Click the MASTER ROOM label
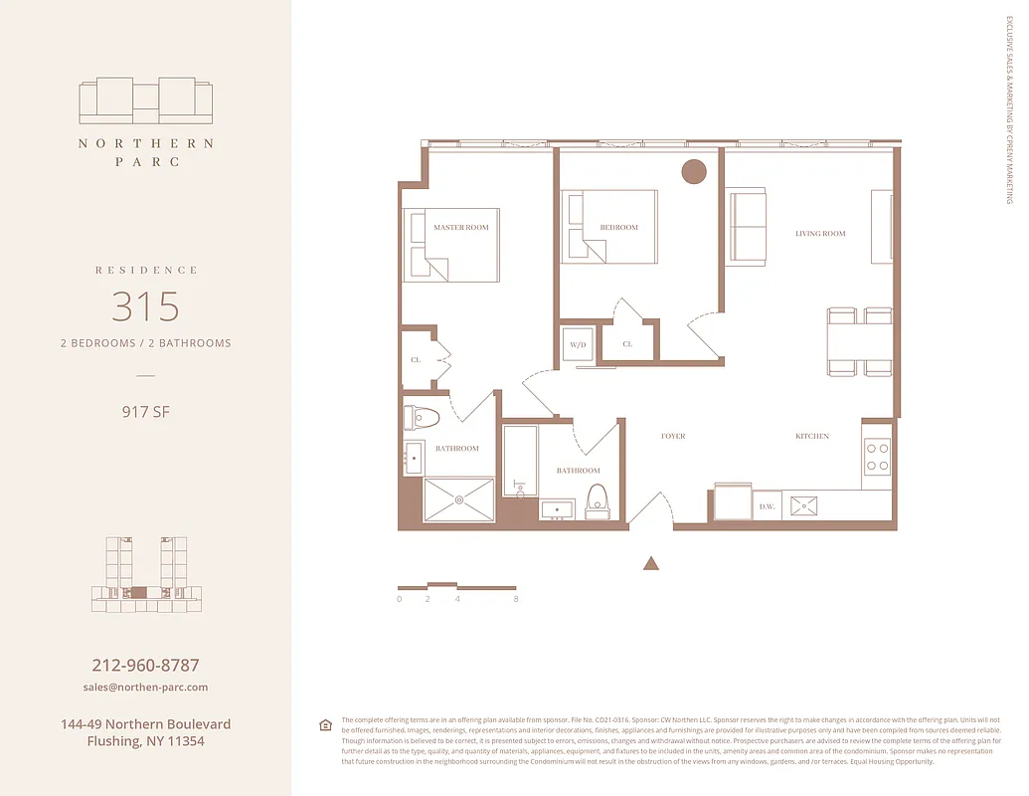460,228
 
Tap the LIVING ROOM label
820,234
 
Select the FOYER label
673,437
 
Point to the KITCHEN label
811,437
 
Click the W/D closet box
577,343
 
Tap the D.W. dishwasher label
767,506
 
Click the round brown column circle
693,171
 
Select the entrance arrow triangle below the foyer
651,563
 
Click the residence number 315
145,306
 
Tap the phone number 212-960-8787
145,665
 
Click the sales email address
145,688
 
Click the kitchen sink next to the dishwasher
803,505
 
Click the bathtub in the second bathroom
520,461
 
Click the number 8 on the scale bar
516,599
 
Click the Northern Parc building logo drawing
145,100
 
